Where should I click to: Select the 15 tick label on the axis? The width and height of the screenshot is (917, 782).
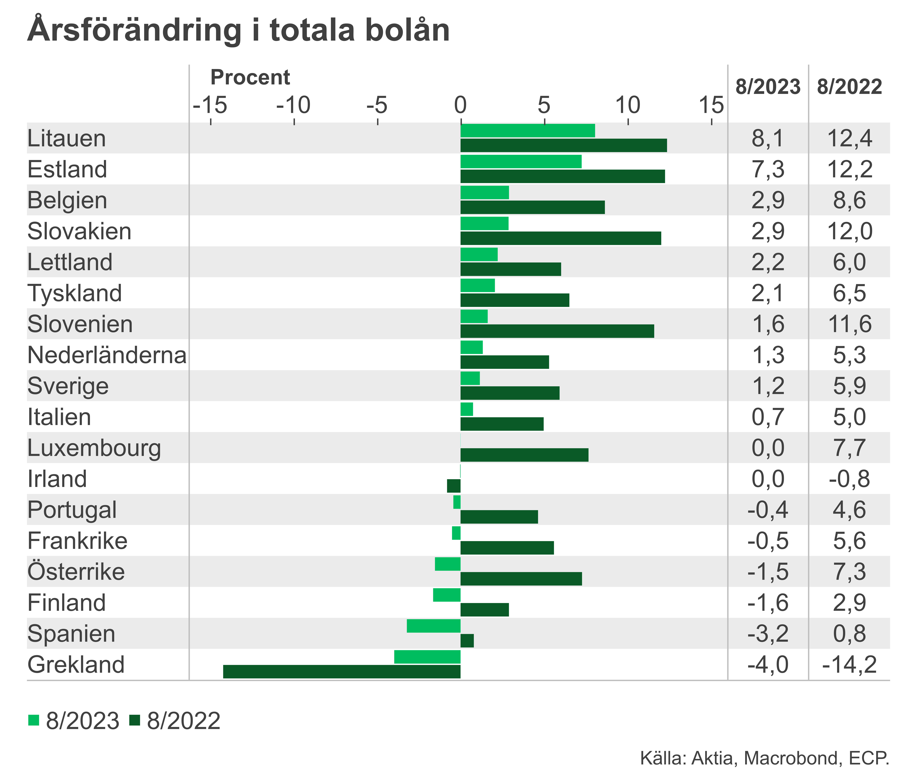tap(711, 106)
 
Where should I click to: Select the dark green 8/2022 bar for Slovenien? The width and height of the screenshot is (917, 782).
tap(557, 331)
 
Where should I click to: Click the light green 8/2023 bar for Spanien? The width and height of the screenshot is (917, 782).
tap(434, 626)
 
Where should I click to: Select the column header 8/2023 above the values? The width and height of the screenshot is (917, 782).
tap(768, 87)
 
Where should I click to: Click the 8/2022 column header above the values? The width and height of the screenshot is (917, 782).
tap(849, 87)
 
